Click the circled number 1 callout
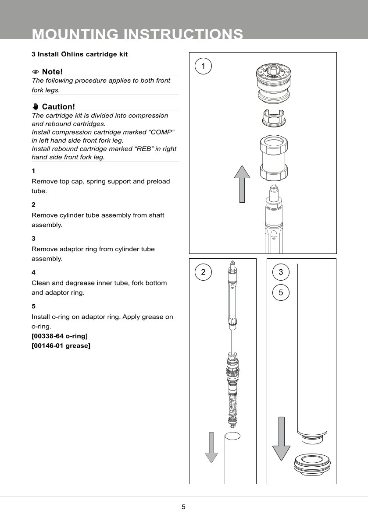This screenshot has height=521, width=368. click(x=203, y=66)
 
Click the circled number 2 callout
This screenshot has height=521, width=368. click(x=203, y=272)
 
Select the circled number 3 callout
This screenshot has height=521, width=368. click(x=281, y=272)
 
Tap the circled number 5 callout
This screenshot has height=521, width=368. click(x=281, y=292)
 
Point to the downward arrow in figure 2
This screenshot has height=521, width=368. click(x=211, y=447)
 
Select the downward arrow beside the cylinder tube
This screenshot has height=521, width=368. click(x=281, y=438)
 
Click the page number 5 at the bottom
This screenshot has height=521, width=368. click(x=183, y=507)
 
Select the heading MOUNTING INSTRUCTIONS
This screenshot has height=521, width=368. click(x=137, y=34)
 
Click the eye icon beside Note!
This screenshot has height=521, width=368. click(x=36, y=72)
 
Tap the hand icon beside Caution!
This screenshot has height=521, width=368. click(x=36, y=107)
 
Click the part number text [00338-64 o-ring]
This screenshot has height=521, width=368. click(x=60, y=336)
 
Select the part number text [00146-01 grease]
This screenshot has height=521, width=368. click(x=61, y=346)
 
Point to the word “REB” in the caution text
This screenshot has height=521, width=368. click(x=136, y=149)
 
